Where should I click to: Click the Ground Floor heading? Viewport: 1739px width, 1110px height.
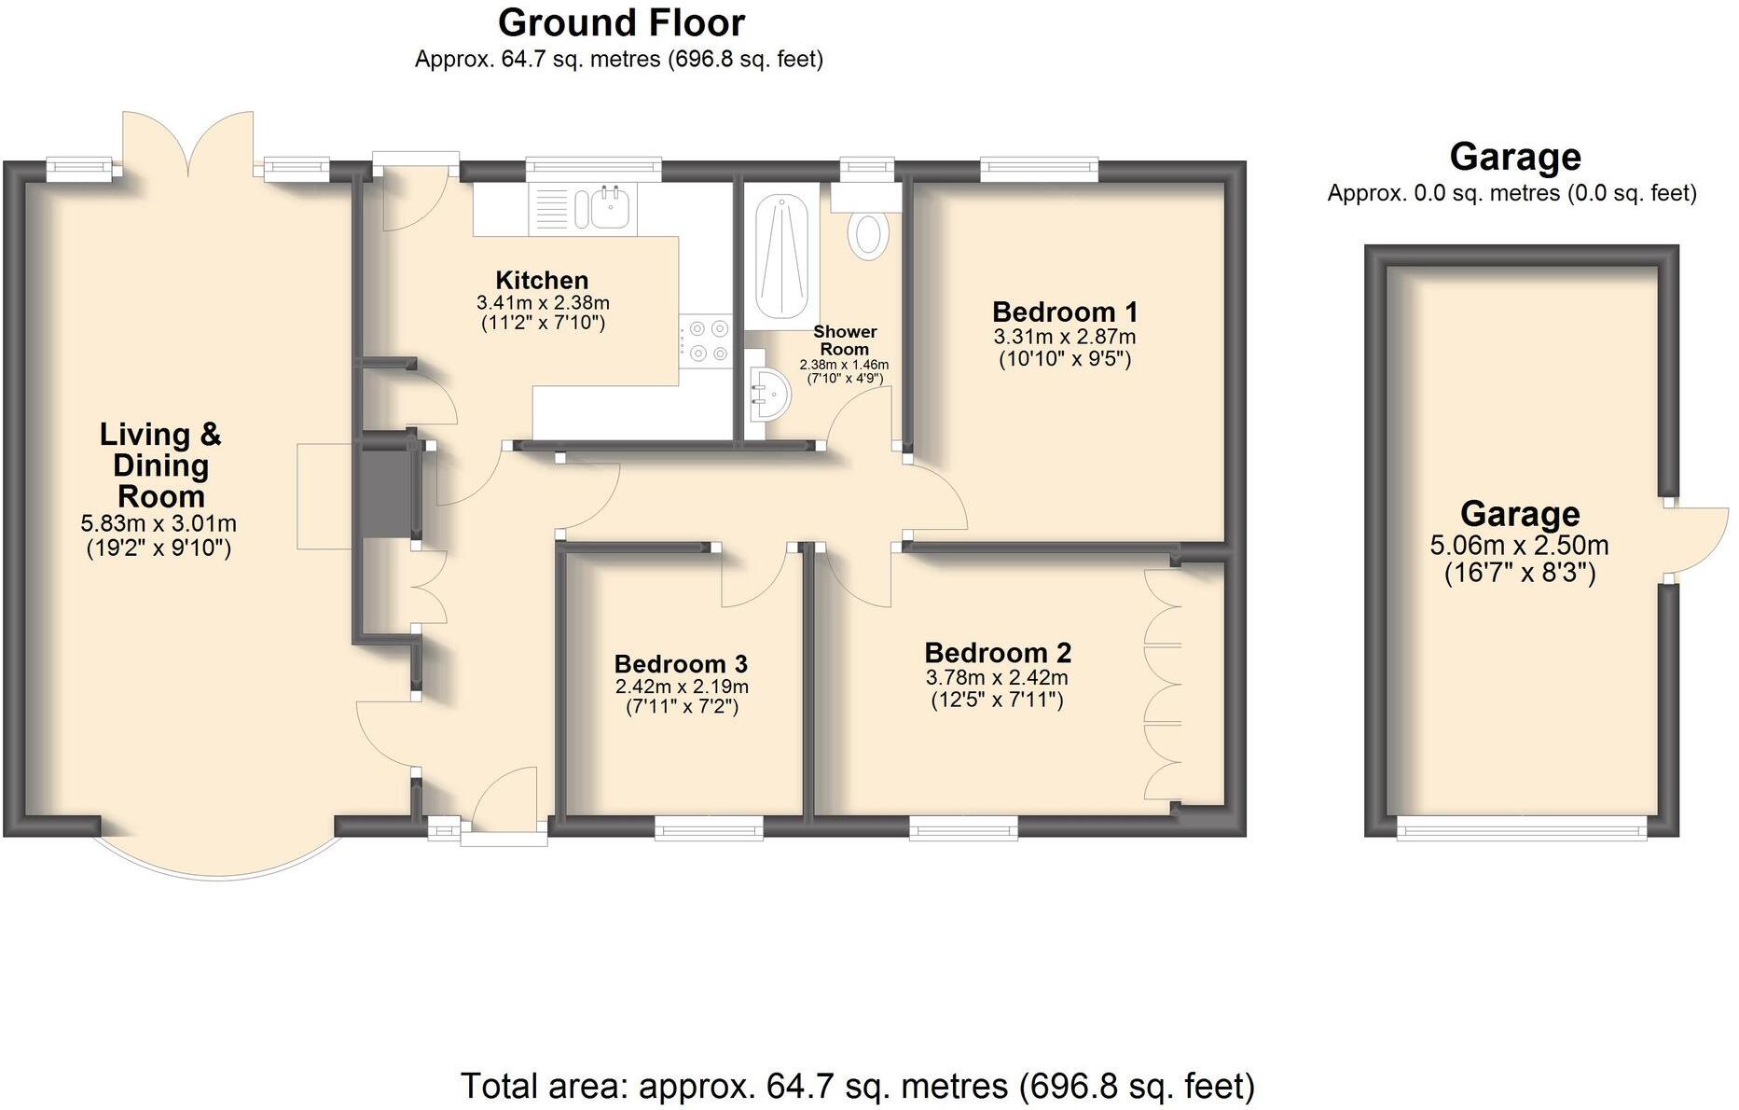click(621, 22)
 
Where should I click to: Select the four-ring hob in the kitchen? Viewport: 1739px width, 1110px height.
click(707, 340)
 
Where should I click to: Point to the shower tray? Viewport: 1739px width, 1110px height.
click(780, 256)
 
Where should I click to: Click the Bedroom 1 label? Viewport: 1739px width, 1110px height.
click(1064, 312)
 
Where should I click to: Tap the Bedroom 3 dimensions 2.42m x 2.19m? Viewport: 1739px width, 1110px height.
click(681, 687)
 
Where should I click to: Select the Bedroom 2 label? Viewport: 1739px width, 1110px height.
click(998, 652)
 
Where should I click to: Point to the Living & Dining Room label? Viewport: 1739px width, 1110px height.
click(160, 465)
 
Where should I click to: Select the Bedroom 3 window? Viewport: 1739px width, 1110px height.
click(708, 826)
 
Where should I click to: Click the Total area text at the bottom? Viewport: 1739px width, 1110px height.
click(857, 1086)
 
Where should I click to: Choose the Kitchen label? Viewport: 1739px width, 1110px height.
click(542, 280)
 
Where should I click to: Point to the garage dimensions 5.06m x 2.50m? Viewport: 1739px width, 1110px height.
click(1519, 546)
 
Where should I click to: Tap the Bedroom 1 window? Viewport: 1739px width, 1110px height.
click(1039, 168)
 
